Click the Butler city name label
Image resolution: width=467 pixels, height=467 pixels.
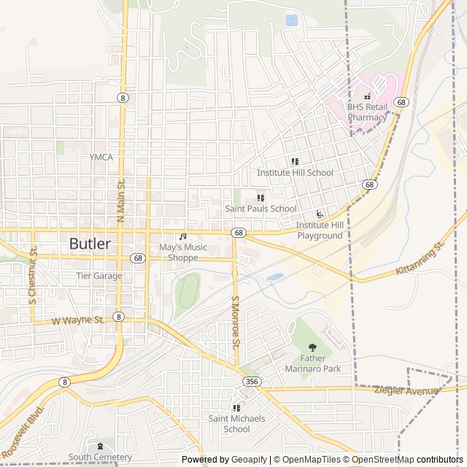[x=90, y=244]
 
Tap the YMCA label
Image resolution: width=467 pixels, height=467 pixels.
[x=101, y=157]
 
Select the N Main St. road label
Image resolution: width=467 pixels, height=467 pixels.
[x=121, y=200]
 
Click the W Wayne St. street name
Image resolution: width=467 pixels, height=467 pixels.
[x=78, y=320]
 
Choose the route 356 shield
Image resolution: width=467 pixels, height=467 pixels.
[x=250, y=382]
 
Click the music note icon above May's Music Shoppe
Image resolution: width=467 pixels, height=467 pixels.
[x=183, y=236]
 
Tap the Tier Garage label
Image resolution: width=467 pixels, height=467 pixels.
[x=99, y=276]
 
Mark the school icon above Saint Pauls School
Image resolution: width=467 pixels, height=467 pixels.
[x=260, y=198]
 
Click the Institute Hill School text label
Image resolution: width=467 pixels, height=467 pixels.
[x=295, y=173]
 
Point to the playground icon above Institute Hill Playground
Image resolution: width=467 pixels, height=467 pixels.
[x=320, y=215]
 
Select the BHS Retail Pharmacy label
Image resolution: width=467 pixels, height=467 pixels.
[x=367, y=112]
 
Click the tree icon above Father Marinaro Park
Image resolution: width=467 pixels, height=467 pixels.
[x=313, y=347]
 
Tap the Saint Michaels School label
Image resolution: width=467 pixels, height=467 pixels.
[x=236, y=424]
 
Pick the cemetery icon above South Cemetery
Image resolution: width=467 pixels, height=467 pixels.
[x=101, y=447]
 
